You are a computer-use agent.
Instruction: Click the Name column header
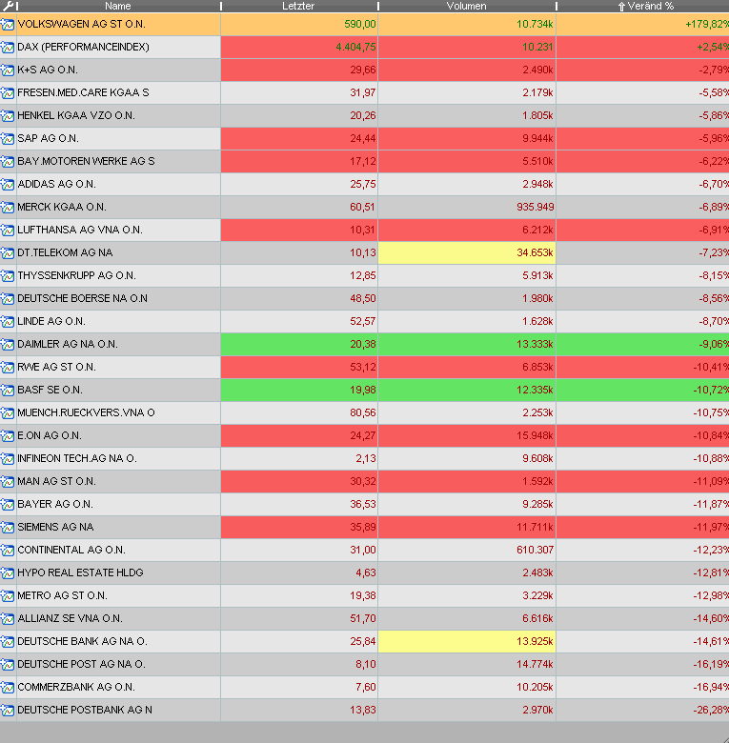[118, 6]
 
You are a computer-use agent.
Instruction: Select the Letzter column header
[298, 6]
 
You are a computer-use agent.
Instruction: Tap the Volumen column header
[466, 6]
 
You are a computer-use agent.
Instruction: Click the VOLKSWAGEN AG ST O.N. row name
[81, 24]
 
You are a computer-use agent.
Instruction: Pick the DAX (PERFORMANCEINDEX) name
[83, 47]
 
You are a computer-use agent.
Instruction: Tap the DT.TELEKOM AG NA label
[65, 252]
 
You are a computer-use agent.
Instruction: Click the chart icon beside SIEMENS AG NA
[8, 527]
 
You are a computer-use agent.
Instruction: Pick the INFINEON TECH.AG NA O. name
[76, 458]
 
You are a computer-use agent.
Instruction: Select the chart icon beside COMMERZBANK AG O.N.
[8, 687]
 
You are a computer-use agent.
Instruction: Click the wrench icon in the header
[8, 6]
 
